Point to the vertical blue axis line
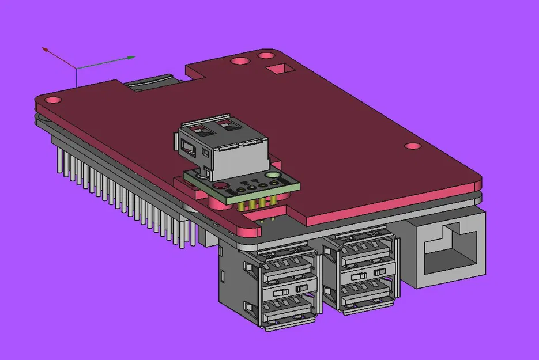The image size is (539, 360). pyautogui.click(x=76, y=77)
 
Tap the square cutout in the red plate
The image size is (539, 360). pyautogui.click(x=280, y=70)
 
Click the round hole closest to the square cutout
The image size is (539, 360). pyautogui.click(x=266, y=56)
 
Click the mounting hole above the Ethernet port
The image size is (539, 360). pyautogui.click(x=412, y=146)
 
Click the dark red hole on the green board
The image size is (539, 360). pyautogui.click(x=219, y=185)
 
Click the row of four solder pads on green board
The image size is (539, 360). pyautogui.click(x=248, y=186)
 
